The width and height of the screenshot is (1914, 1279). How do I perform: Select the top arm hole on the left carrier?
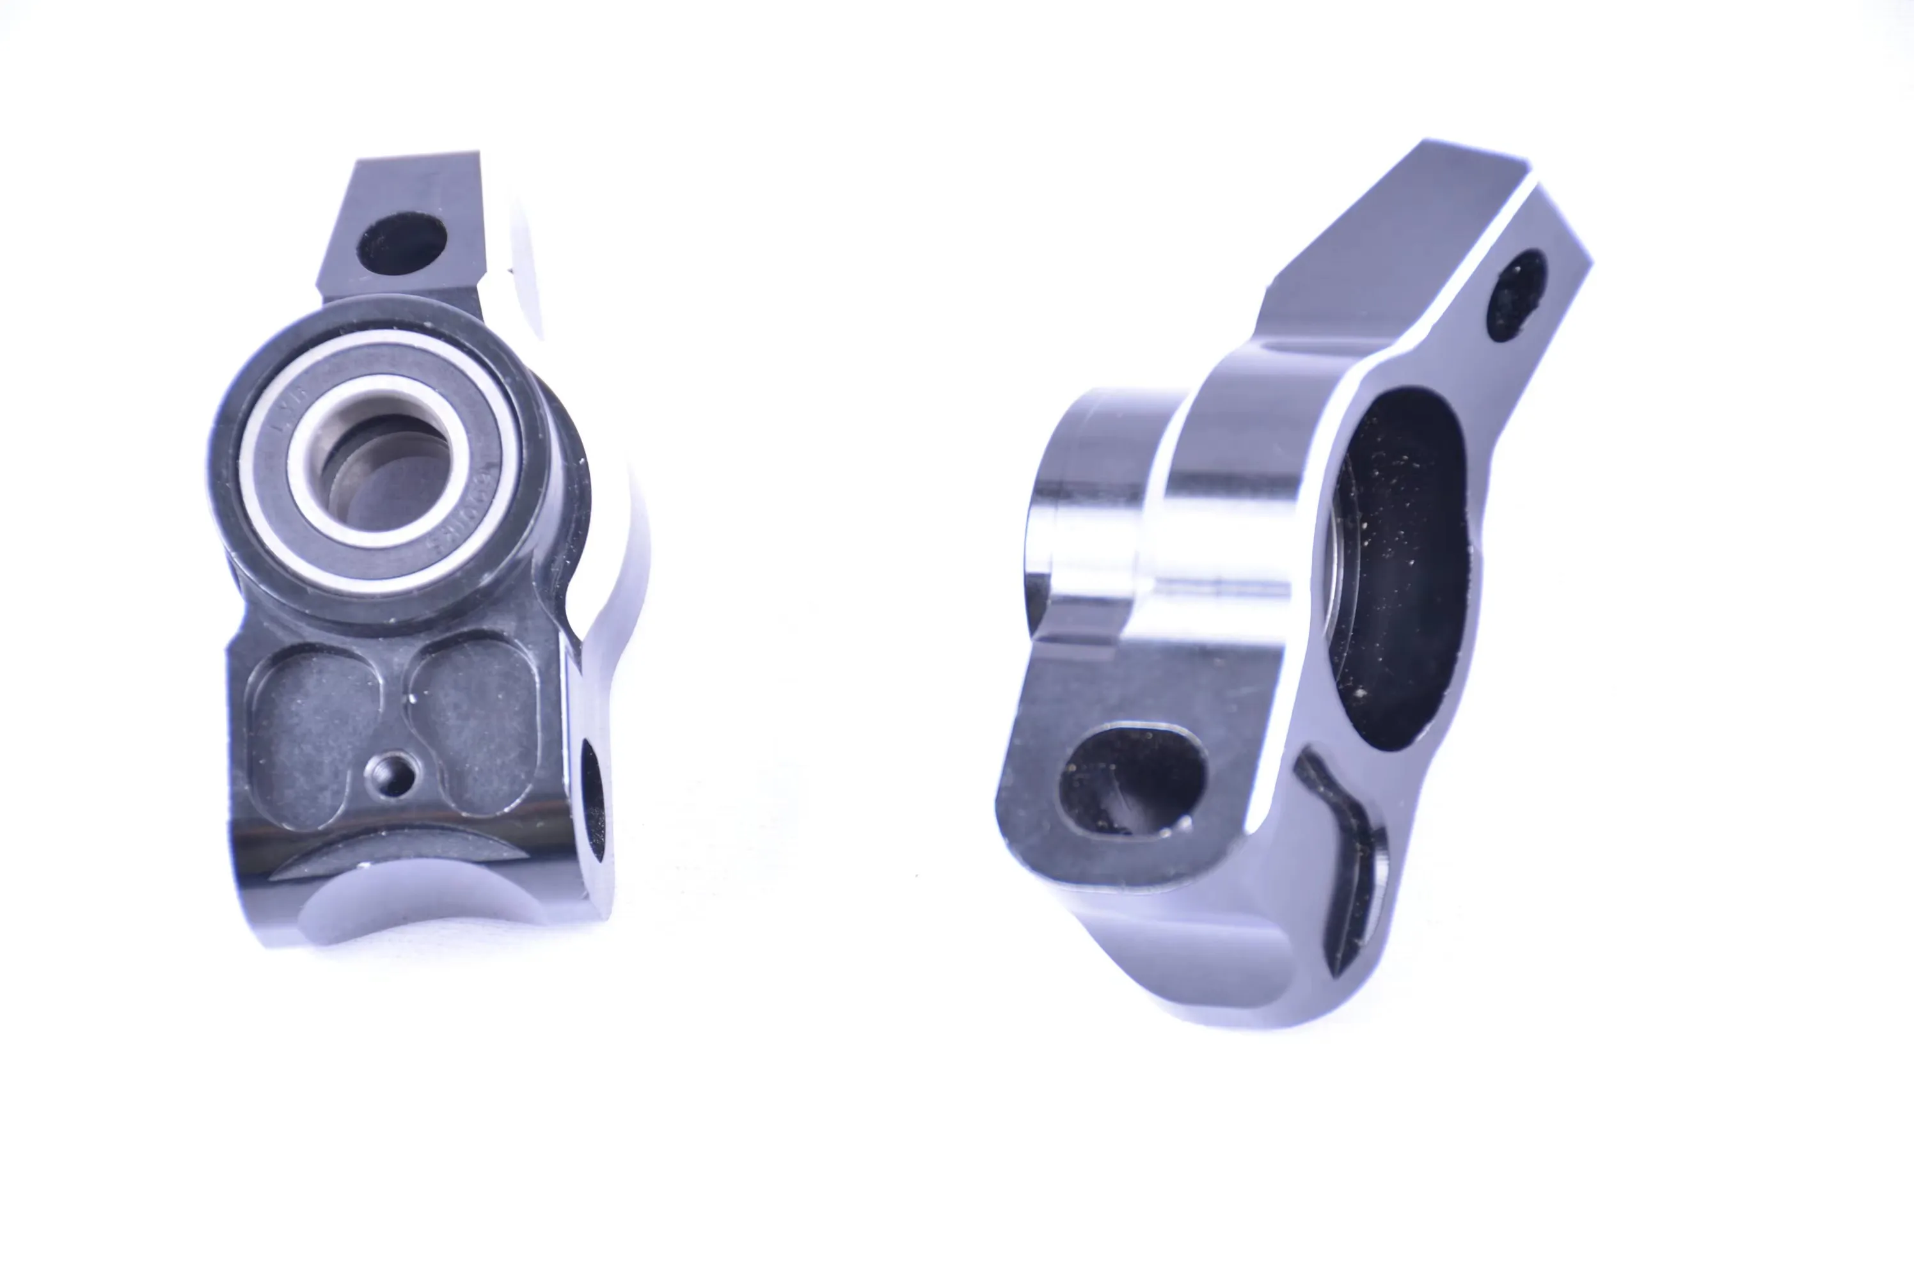point(402,243)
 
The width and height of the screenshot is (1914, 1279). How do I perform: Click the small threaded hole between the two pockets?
point(391,773)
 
